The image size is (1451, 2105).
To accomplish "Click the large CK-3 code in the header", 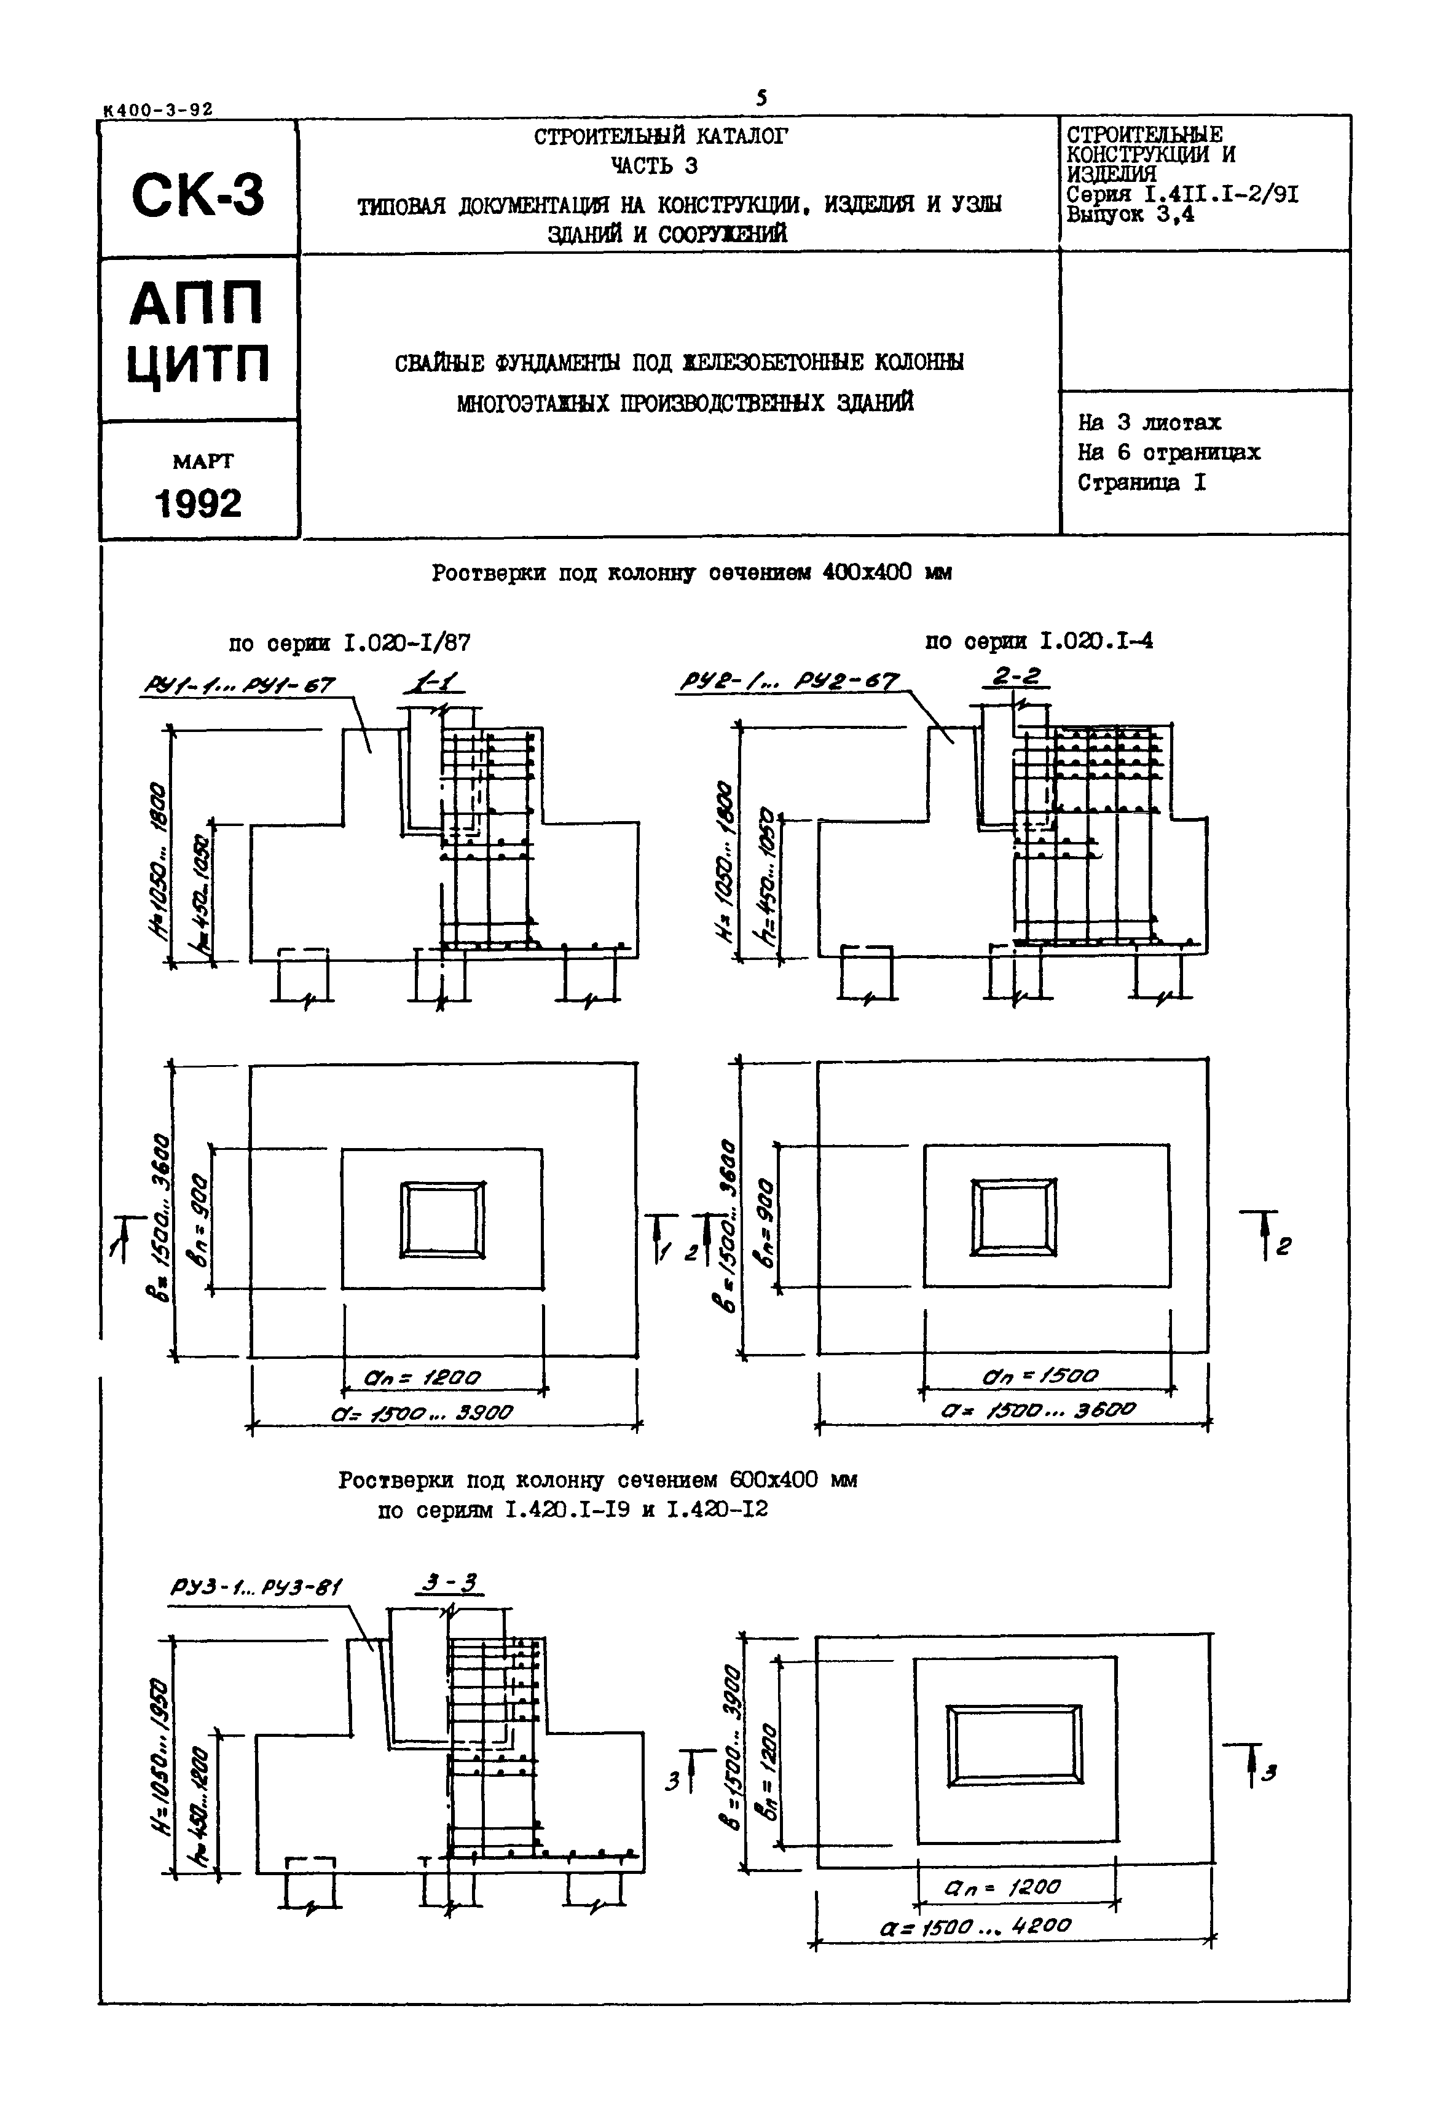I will coord(198,195).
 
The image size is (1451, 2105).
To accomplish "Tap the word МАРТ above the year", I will coord(202,461).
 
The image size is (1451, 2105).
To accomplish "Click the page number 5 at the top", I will coord(761,97).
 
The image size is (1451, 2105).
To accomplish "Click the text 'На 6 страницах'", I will coord(1168,452).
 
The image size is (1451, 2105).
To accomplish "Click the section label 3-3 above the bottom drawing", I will coord(449,1583).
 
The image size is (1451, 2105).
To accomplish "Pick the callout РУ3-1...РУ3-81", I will coord(256,1587).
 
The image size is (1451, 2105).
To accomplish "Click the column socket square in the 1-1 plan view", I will coord(442,1219).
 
